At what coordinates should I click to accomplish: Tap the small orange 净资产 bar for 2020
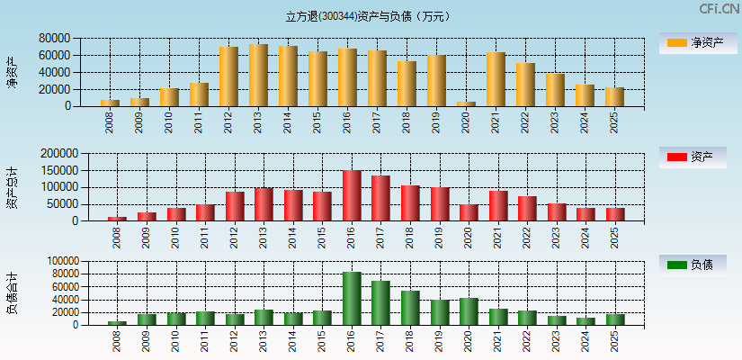(466, 103)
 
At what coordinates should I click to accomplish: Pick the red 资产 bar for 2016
(352, 195)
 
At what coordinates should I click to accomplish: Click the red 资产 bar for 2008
(117, 218)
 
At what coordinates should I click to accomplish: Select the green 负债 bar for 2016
(352, 298)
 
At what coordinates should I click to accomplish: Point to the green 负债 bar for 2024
(586, 320)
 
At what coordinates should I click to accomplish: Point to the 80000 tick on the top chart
(55, 39)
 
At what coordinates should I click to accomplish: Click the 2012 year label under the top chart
(228, 122)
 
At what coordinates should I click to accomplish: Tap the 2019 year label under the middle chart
(439, 238)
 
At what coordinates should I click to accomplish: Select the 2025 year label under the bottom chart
(615, 341)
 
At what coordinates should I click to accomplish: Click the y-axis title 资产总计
(12, 187)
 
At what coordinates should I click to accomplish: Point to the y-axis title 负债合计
(12, 293)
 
